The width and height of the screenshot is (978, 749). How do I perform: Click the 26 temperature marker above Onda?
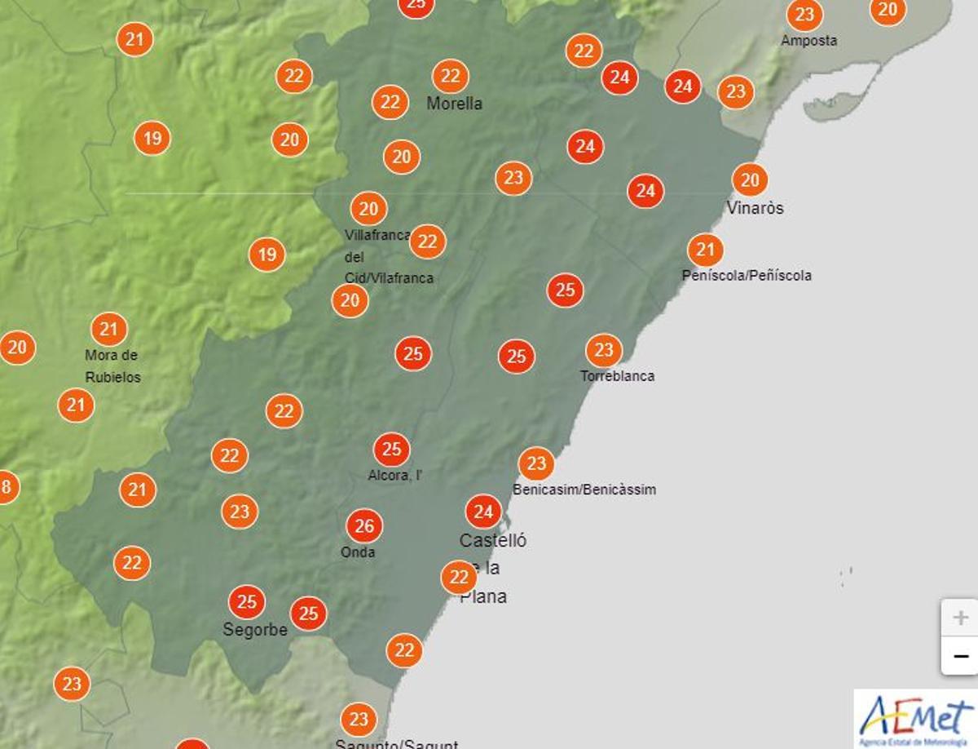point(364,526)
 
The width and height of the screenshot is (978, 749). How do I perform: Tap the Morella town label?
point(454,104)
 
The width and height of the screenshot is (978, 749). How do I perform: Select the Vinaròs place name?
point(755,208)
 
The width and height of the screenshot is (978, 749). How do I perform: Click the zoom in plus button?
point(960,618)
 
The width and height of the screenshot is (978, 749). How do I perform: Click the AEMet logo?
point(915,718)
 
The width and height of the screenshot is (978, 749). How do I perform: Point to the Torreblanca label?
point(617,376)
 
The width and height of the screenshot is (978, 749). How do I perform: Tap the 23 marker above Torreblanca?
point(603,351)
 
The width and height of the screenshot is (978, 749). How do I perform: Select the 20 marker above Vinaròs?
point(750,180)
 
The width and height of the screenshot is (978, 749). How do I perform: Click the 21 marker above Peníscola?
point(705,250)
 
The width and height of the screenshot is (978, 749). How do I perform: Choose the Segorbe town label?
point(255,630)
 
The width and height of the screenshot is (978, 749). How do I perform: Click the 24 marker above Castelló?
point(483,512)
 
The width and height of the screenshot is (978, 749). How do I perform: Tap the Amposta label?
point(808,41)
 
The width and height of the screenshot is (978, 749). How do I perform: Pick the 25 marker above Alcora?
point(391,450)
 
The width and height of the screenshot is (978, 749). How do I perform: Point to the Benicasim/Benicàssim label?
point(584,490)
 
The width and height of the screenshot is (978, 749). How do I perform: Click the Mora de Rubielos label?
point(112,366)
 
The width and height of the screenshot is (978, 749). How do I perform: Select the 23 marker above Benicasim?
point(535,464)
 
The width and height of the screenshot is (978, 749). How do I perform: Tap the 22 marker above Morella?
point(450,77)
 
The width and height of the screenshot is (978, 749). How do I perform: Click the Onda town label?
point(358,552)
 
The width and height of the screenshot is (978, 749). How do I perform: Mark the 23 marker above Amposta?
point(804,15)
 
